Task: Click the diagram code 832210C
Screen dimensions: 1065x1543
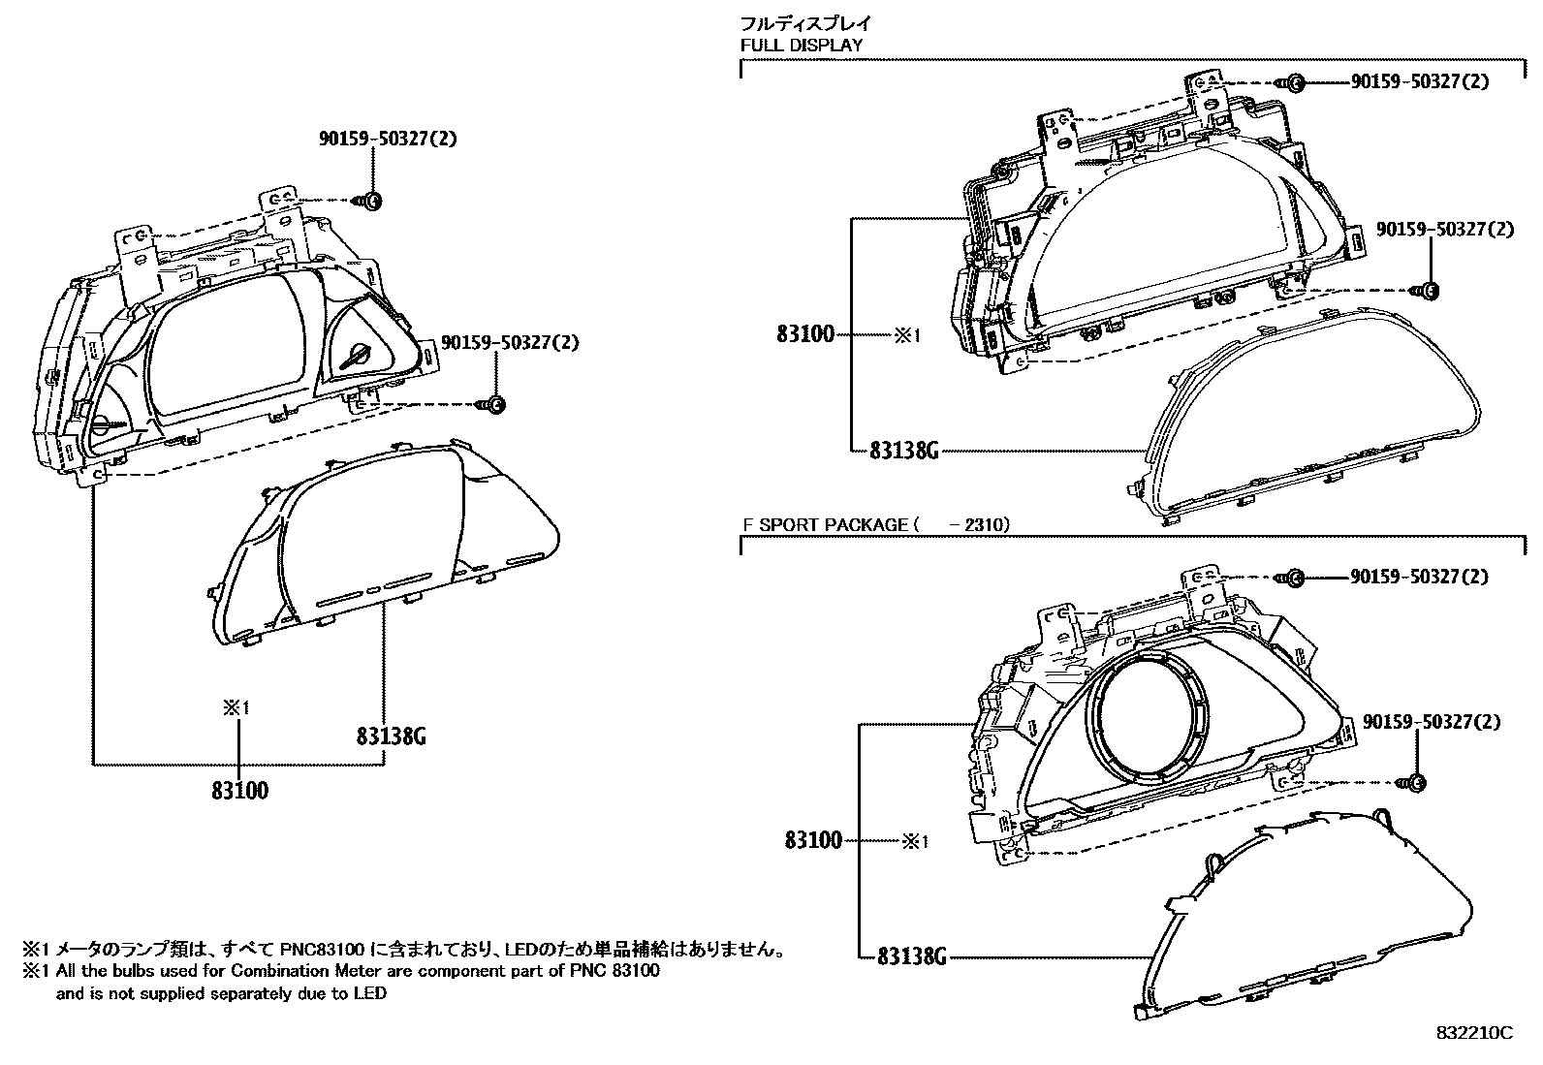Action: click(1473, 1033)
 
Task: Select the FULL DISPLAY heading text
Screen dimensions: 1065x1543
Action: click(801, 45)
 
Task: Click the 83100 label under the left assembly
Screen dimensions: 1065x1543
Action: click(239, 791)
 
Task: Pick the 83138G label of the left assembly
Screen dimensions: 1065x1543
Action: click(391, 737)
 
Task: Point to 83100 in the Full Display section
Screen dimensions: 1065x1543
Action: click(804, 334)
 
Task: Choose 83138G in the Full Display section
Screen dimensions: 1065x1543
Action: click(903, 451)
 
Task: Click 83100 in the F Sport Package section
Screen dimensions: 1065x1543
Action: click(813, 840)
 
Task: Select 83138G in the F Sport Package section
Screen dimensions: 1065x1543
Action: click(910, 956)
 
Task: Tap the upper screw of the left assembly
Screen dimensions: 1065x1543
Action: click(372, 201)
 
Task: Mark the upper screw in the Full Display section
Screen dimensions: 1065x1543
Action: click(1295, 83)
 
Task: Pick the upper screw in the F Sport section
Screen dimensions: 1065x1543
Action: click(1295, 578)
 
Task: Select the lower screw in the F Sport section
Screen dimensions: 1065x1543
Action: click(1414, 782)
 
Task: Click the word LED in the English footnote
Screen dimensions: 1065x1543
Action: click(369, 993)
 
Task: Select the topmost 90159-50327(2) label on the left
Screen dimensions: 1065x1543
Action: click(388, 139)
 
